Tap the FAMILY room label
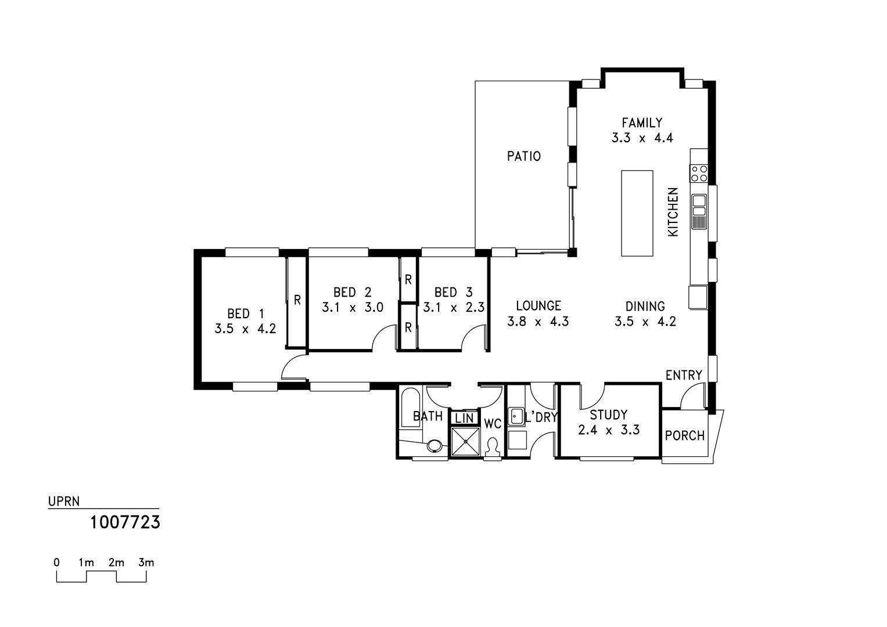(642, 122)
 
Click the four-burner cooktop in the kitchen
(699, 174)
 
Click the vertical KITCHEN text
(673, 212)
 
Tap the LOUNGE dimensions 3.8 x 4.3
(538, 321)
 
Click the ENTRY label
(684, 375)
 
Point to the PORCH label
(685, 435)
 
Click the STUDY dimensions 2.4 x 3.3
(609, 430)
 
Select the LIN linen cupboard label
(464, 419)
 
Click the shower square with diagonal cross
(465, 442)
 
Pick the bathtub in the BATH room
(411, 408)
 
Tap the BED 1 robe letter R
(297, 300)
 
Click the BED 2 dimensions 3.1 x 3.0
(353, 307)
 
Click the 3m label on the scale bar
(146, 563)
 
